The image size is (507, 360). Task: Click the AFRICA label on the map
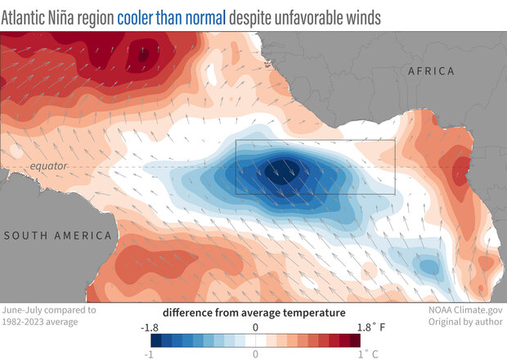coord(431,71)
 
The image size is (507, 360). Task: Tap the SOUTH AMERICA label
coord(57,236)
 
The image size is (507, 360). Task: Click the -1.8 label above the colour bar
coord(150,326)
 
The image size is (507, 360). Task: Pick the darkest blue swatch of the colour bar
coord(156,340)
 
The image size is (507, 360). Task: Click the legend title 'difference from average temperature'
coord(253,313)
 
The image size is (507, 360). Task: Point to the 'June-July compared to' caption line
coord(49,310)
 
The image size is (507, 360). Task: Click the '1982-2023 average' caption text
coord(43,322)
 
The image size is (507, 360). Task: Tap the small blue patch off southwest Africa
coord(427,266)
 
